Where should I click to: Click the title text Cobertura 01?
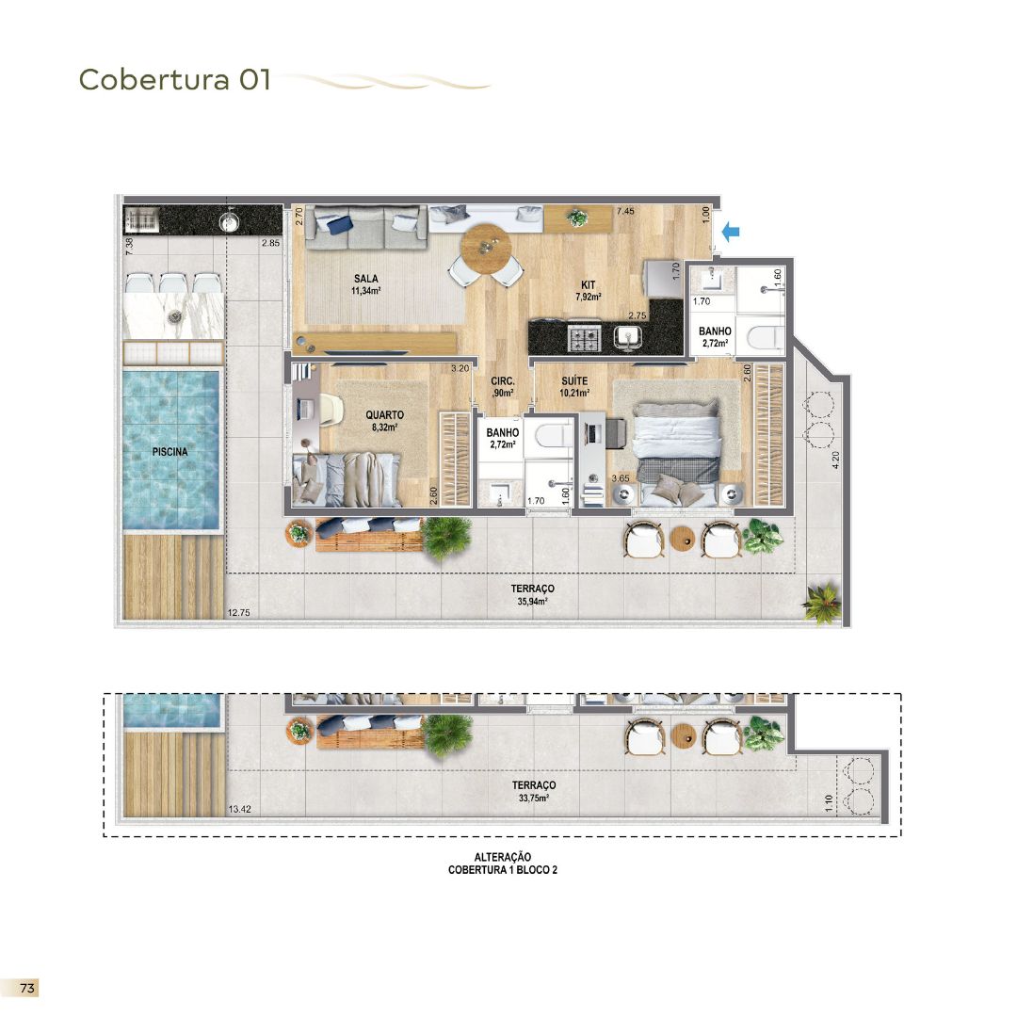(x=175, y=80)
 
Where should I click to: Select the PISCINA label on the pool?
(x=170, y=452)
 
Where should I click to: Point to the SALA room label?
(x=366, y=279)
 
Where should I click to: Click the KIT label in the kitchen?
(x=588, y=284)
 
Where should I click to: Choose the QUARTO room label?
(x=384, y=414)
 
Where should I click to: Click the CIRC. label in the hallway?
(x=501, y=381)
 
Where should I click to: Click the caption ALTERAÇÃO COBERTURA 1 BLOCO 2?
(x=503, y=864)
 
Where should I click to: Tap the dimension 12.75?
(x=239, y=613)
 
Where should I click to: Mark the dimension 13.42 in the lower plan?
(x=241, y=809)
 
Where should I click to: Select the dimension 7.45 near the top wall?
(x=625, y=212)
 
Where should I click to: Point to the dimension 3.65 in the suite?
(x=621, y=479)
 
